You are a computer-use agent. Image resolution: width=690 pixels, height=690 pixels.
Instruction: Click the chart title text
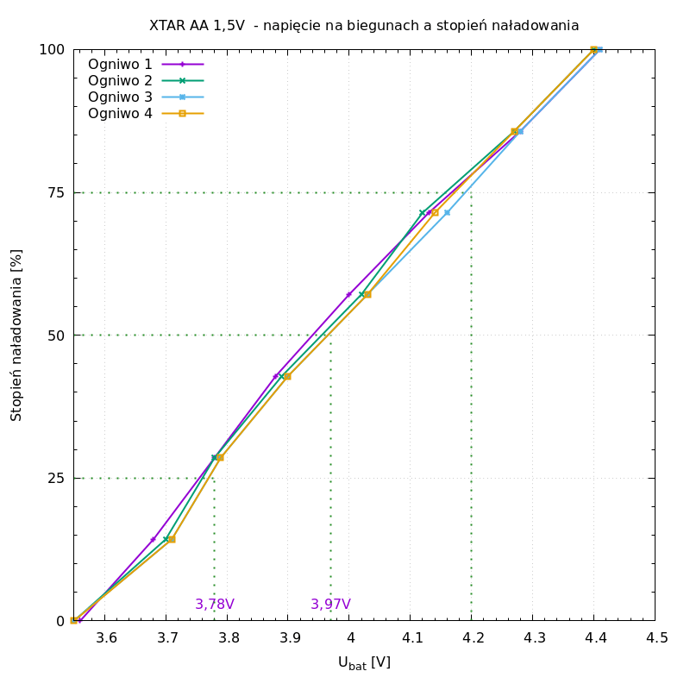[364, 26]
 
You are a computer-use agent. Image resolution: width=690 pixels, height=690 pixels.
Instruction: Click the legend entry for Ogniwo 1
[120, 64]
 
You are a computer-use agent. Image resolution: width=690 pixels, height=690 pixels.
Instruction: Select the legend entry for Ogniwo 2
[120, 80]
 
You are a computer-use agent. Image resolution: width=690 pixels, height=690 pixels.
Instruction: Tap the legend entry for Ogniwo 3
[120, 97]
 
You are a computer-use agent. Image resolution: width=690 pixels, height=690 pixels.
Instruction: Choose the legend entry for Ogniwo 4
[120, 113]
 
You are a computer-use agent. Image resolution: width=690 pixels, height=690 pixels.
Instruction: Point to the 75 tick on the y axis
[55, 192]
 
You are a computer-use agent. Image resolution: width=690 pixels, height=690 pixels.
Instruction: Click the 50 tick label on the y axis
[55, 336]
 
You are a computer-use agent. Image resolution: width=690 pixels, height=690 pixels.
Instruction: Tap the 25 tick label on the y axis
[55, 478]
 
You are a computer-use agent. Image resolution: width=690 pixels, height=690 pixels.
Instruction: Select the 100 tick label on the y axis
[52, 50]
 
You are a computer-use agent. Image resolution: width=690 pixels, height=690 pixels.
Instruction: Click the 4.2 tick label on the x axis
[472, 637]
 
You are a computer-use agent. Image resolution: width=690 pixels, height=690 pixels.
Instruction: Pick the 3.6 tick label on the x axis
[105, 637]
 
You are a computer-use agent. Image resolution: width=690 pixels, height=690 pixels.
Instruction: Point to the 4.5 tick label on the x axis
[655, 637]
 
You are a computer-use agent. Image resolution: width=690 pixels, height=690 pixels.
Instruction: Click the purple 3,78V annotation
[215, 605]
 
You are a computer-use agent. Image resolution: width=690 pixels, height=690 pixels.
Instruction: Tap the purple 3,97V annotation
[330, 605]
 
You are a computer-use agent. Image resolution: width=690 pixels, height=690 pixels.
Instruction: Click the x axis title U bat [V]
[364, 662]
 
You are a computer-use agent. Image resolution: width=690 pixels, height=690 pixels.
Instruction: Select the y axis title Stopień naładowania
[17, 335]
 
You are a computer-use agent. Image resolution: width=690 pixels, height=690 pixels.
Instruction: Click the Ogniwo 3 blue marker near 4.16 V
[447, 212]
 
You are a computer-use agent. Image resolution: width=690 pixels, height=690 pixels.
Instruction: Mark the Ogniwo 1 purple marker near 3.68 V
[154, 540]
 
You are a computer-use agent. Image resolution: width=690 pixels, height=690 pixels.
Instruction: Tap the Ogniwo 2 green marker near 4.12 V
[423, 213]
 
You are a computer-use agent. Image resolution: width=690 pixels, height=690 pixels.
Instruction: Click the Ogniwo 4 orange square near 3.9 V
[287, 376]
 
